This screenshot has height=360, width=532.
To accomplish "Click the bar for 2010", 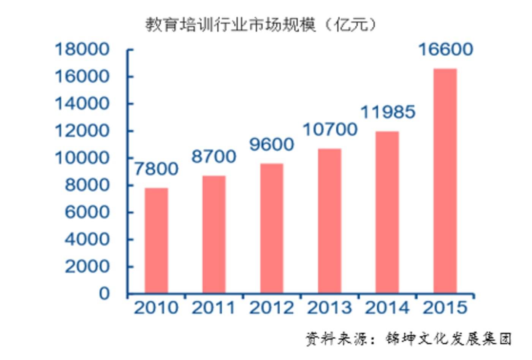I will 156,240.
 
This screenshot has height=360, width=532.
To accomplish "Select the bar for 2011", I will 214,234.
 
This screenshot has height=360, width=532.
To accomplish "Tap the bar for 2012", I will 272,228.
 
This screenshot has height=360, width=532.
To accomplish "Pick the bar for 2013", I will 329,220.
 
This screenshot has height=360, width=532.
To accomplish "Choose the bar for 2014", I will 387,212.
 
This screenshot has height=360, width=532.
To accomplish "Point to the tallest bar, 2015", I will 445,181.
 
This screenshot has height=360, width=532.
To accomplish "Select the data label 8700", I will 214,157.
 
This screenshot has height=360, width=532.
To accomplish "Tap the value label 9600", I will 272,144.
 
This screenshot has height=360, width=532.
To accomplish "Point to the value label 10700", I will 330,130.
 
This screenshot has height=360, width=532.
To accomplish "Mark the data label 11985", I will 388,112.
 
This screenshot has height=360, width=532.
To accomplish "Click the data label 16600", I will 445,49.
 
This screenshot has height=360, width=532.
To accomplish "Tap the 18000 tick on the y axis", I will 82,49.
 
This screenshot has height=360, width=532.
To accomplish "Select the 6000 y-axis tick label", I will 87,212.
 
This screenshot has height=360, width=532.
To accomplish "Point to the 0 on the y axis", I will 104,293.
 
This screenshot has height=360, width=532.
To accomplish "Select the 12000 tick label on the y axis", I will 82,131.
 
